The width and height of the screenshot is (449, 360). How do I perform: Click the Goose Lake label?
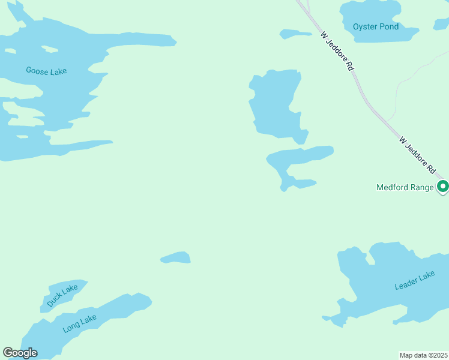(46, 71)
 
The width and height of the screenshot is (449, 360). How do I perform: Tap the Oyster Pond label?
(376, 26)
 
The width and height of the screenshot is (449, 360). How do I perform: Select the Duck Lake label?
(62, 296)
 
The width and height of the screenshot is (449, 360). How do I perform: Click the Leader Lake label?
(414, 280)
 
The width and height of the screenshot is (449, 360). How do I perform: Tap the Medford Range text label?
(405, 187)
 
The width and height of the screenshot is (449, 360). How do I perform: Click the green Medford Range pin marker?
(443, 187)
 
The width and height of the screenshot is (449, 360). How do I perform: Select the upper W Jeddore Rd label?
(336, 52)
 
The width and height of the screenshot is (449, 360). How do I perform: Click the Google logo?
(20, 353)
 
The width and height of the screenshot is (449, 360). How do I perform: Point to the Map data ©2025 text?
(423, 355)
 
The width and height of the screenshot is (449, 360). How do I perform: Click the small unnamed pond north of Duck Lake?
(176, 258)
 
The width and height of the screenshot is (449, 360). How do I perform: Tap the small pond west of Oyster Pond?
(295, 34)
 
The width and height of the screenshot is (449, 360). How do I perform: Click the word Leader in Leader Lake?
(406, 283)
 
